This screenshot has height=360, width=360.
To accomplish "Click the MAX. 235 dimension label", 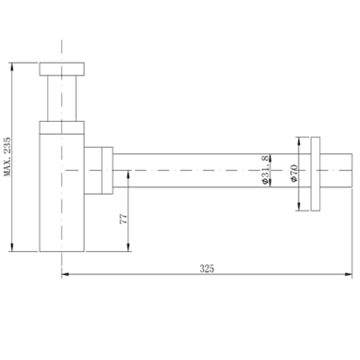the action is pos(7,157).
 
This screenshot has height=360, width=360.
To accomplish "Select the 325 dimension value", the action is pos(207,269).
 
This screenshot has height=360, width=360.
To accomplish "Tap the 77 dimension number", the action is pos(123,219).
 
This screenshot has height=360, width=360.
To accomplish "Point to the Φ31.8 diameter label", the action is pos(265,170).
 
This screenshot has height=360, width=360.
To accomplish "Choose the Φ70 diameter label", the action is pos(294,174).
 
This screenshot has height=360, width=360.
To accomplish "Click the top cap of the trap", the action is pos(62,69).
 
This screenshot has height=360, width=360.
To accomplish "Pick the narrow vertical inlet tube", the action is pos(62,99).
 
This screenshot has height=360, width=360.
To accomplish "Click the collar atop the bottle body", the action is pos(62,127).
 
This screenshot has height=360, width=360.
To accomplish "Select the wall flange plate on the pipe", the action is pos(316,174).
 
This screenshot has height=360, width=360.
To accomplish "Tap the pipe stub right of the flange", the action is pos(336,170).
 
